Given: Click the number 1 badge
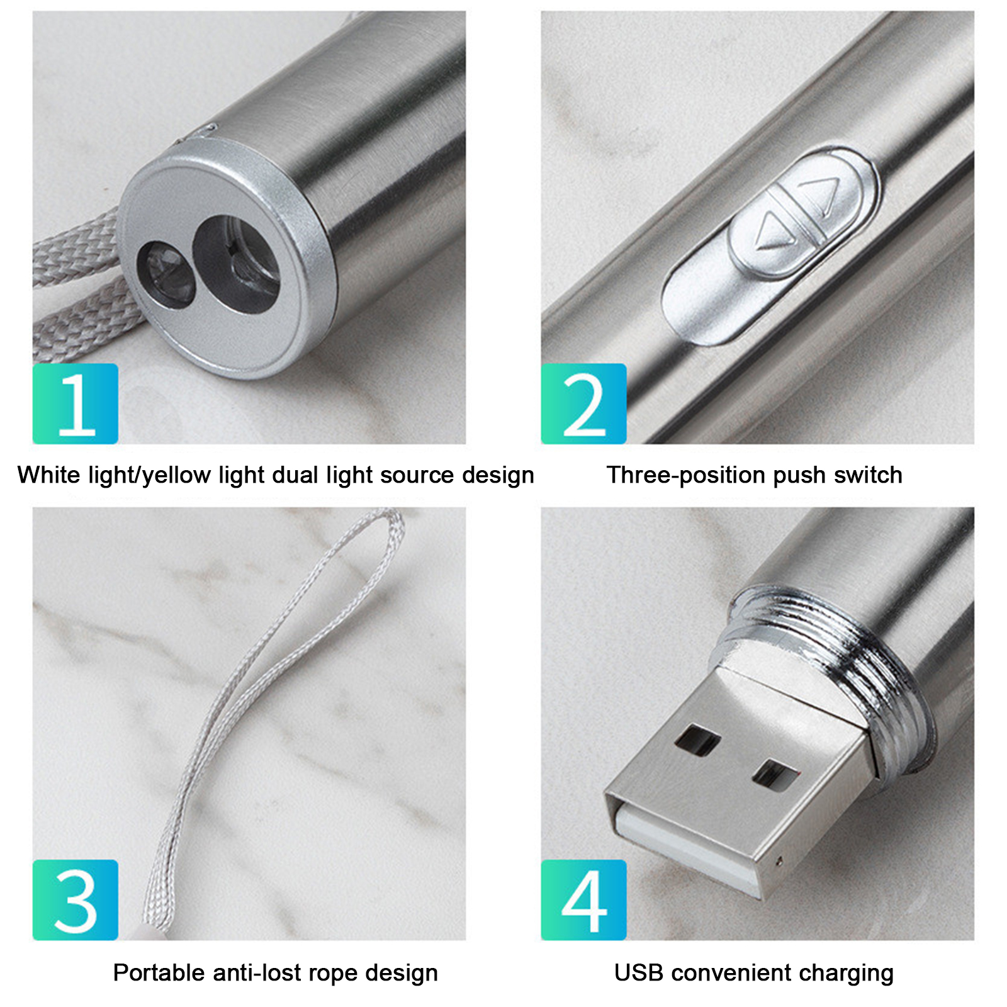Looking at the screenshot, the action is [x=76, y=403].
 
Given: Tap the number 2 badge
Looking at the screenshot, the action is [x=583, y=403].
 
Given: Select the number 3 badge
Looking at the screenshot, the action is [x=76, y=900].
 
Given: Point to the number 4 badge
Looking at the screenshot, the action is [x=583, y=900].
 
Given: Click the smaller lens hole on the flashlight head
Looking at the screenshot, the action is [x=166, y=274].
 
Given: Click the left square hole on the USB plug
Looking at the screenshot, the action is [x=697, y=740].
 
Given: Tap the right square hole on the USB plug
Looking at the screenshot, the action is [x=775, y=774].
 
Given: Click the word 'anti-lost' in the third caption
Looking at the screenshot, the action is [x=261, y=972].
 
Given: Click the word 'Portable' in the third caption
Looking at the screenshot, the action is [x=160, y=972].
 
